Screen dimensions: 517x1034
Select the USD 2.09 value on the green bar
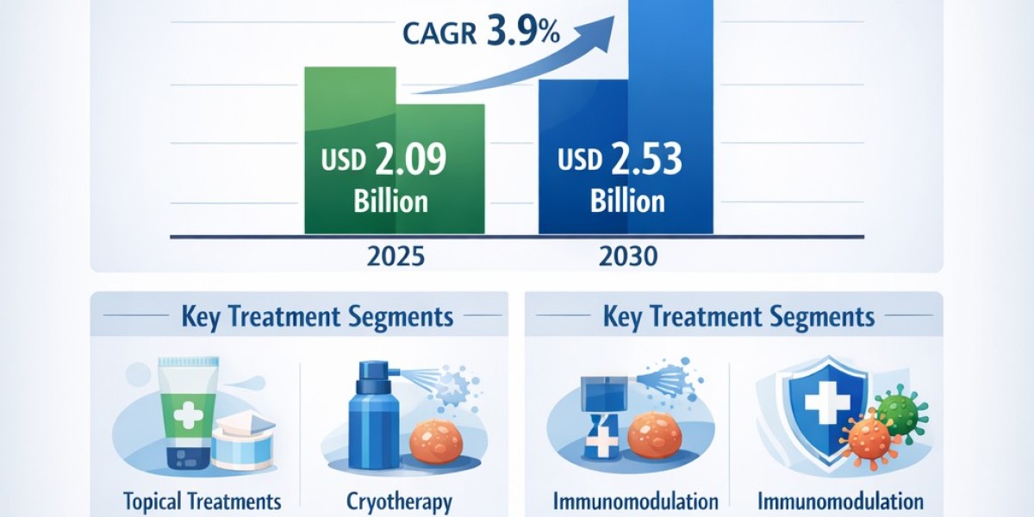(383, 160)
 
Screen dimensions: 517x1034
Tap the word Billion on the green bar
(390, 202)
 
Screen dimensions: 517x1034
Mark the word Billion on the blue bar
(627, 202)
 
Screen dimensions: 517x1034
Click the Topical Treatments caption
(203, 501)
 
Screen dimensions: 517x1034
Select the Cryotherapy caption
(400, 501)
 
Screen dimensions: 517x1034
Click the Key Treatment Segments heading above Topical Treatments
(317, 316)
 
